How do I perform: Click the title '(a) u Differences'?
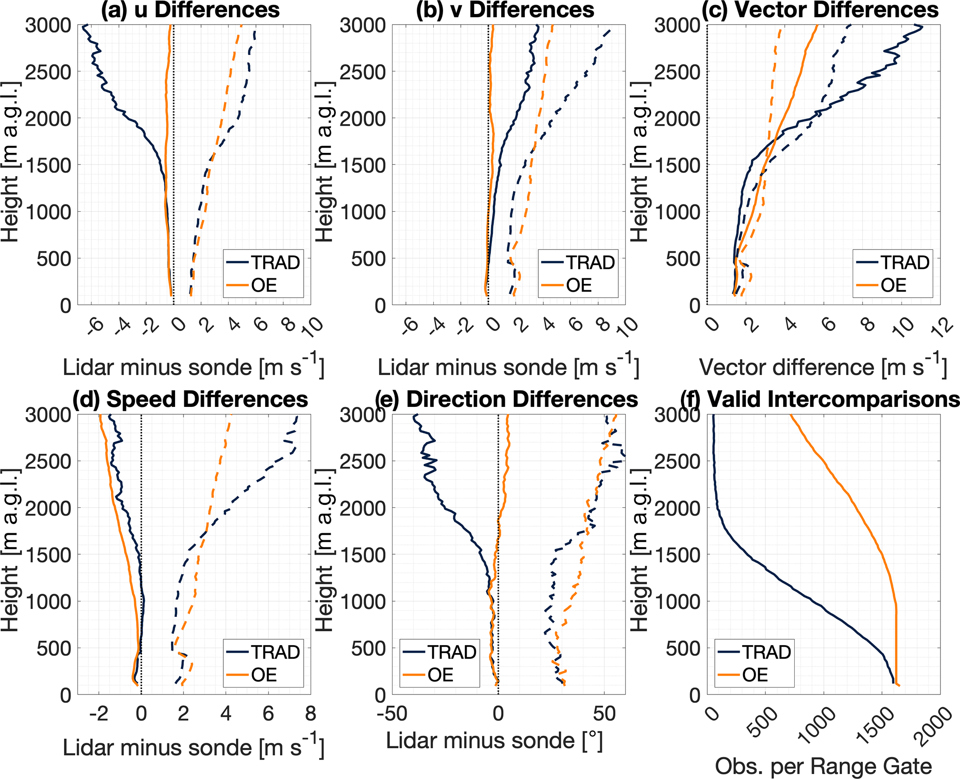[190, 10]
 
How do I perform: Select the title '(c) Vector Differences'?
[820, 10]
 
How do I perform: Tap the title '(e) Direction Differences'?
[507, 399]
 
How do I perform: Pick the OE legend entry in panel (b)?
[579, 285]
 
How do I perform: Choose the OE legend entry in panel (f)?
[755, 675]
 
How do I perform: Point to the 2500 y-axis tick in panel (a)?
[48, 72]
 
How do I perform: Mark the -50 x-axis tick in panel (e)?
[393, 714]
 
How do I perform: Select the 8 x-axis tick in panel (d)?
[310, 714]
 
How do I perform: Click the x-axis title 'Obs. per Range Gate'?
[823, 766]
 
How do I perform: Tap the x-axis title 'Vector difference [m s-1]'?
[823, 367]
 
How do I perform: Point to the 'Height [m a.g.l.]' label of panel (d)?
[10, 550]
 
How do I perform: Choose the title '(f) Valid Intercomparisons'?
[820, 399]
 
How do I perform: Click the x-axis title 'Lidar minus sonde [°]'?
[494, 740]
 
